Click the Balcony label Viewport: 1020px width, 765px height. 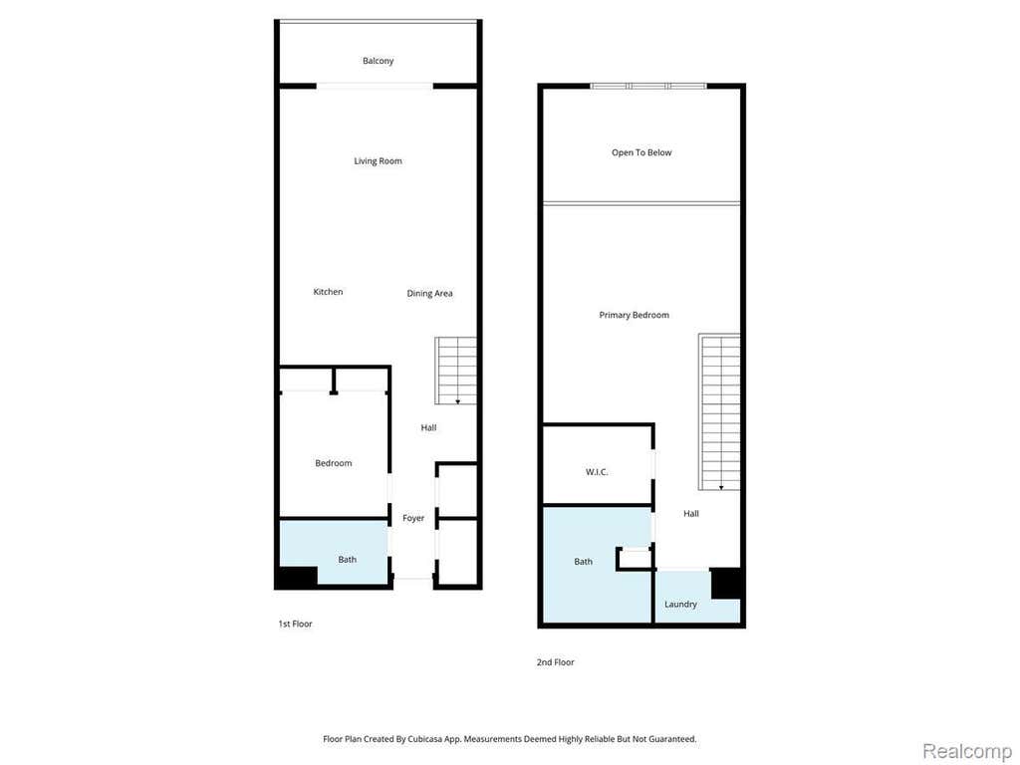coord(378,61)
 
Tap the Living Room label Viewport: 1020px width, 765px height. coord(378,160)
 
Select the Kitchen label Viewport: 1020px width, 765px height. coord(328,292)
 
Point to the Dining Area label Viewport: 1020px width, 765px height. coord(429,294)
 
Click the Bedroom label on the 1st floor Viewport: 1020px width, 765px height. coord(333,463)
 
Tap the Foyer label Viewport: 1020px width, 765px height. coord(413,518)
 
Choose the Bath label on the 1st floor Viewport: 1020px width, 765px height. coord(347,560)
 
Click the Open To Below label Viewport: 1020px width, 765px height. coord(641,152)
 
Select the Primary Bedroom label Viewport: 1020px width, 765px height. coord(634,315)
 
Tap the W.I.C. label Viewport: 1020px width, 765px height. coord(597,471)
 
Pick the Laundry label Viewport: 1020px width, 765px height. coord(680,605)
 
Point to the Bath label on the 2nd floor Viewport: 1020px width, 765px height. coord(583,562)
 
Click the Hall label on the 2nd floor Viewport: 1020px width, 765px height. coord(691,513)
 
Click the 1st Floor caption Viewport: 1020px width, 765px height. coord(295,624)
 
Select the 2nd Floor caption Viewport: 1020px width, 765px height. coord(555,662)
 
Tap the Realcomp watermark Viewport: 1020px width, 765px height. coord(966,751)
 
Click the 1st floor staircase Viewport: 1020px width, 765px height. coord(456,371)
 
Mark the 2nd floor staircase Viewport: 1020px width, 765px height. coord(719,411)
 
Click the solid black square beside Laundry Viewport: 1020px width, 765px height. coord(726,583)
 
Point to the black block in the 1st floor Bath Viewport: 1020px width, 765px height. coord(298,577)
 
